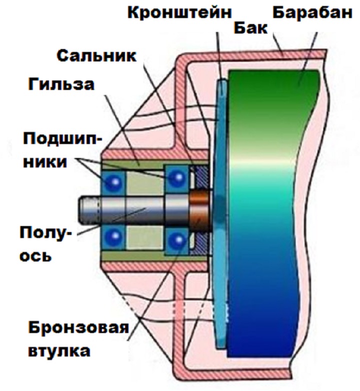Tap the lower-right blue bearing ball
point(176,240)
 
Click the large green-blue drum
point(270,210)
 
